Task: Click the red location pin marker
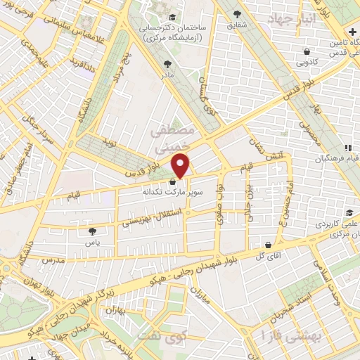(x=181, y=165)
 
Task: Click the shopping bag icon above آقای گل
(x=268, y=245)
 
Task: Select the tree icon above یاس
(x=92, y=230)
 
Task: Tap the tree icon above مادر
(x=167, y=63)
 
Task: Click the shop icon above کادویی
(x=307, y=51)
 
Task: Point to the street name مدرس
(x=52, y=260)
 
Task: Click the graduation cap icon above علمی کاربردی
(x=348, y=213)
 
